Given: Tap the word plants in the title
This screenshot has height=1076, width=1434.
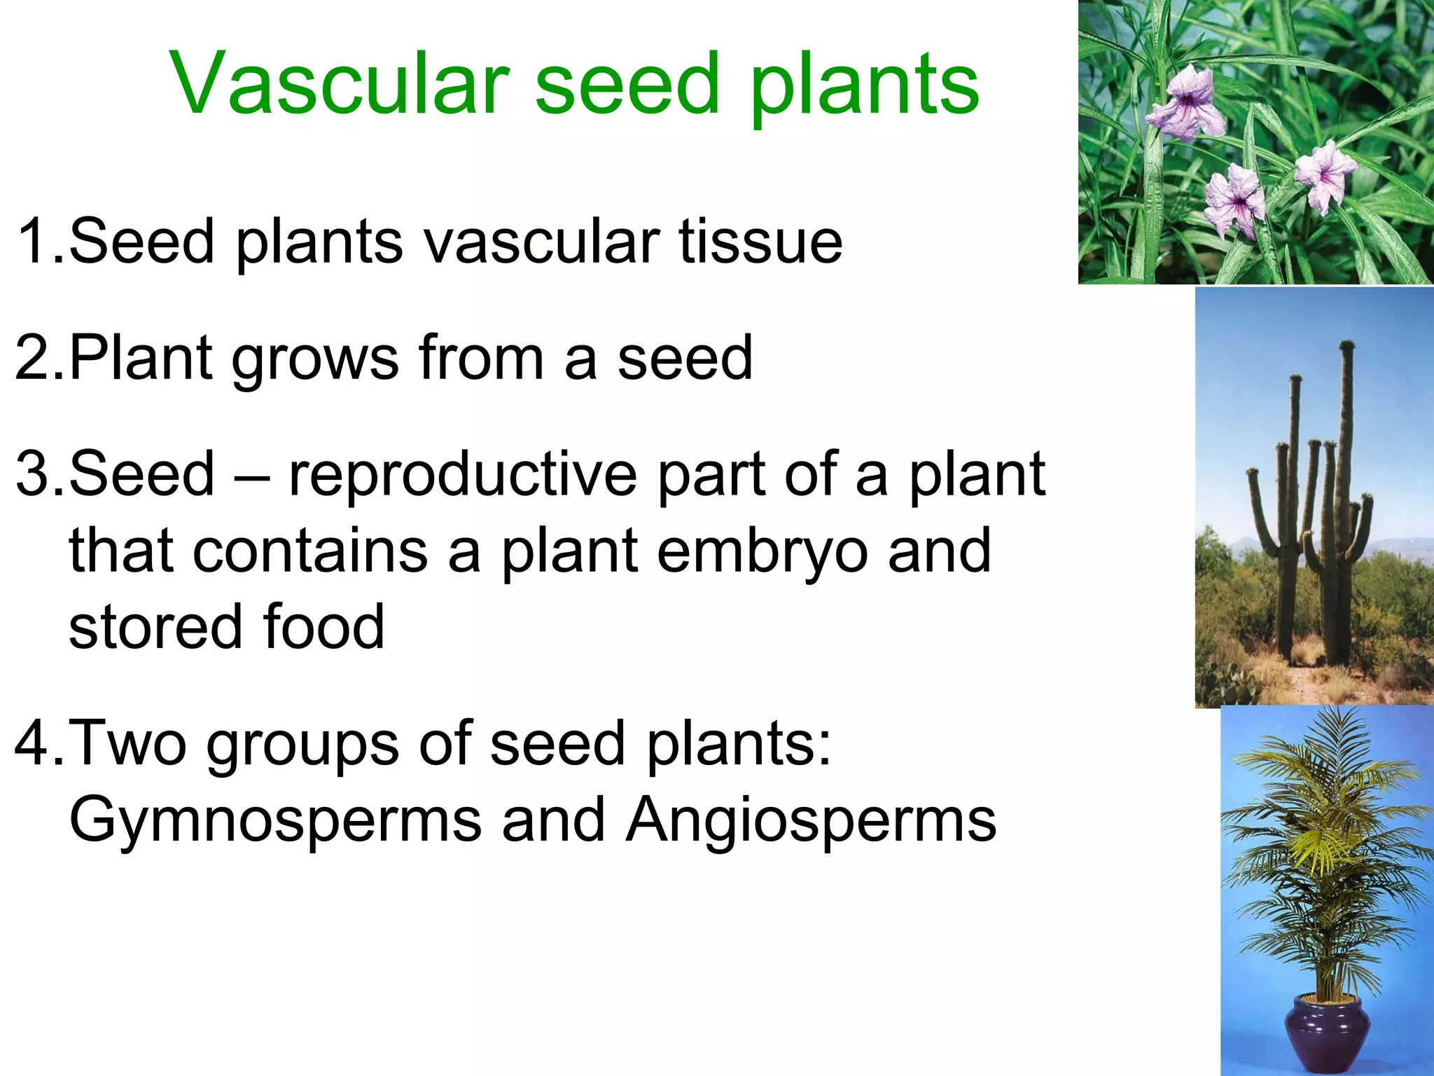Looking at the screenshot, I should [864, 87].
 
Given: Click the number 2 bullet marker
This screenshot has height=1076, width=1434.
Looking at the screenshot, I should [35, 358].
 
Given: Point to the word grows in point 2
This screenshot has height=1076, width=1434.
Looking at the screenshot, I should [314, 361].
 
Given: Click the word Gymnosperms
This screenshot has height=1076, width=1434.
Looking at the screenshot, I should [275, 821].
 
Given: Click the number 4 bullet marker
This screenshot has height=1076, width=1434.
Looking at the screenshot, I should [35, 743].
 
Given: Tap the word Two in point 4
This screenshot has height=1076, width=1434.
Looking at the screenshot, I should [127, 743].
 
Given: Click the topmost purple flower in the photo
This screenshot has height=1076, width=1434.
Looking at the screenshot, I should [1188, 105].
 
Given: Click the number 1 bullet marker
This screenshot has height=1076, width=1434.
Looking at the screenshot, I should [35, 241].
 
